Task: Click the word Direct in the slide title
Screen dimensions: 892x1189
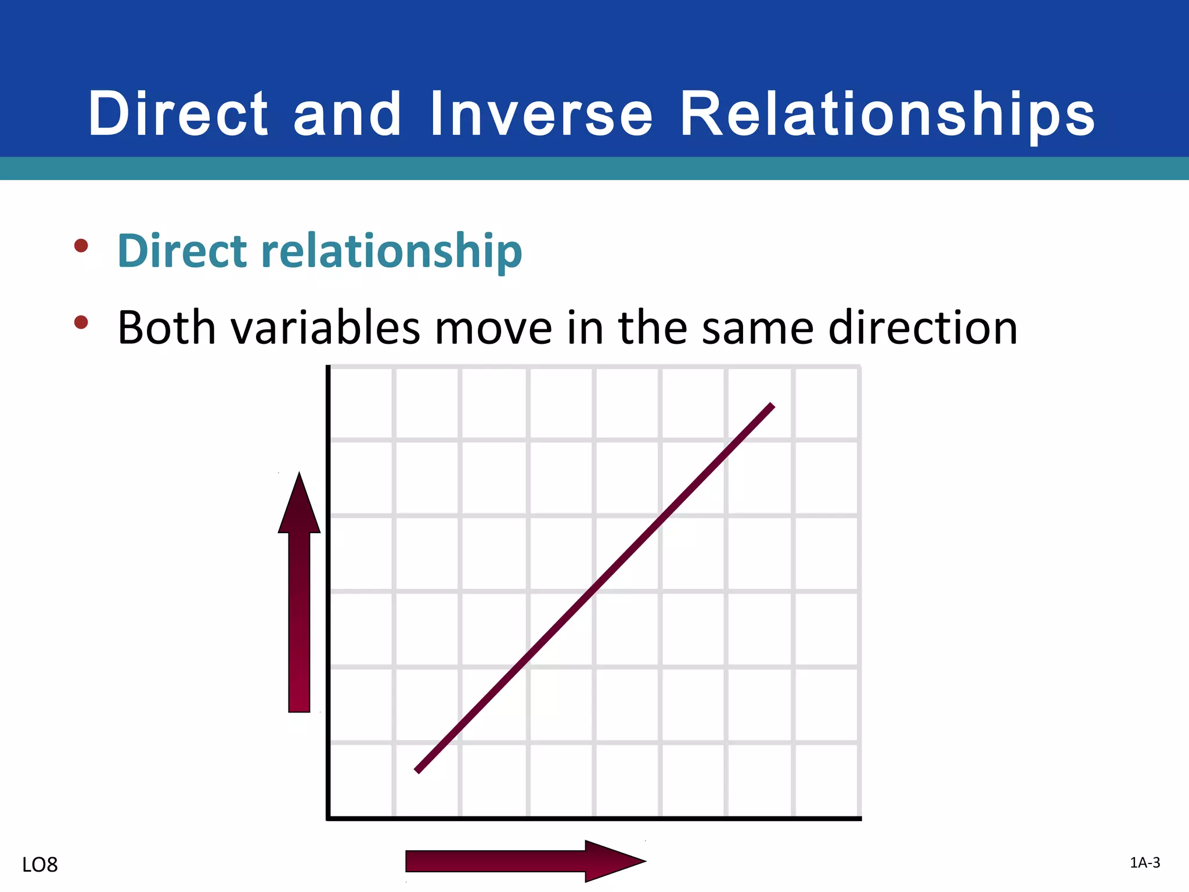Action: [178, 114]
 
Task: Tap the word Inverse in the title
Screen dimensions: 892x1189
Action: [542, 114]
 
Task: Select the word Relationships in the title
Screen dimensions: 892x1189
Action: [887, 114]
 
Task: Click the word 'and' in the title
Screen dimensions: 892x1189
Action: [347, 114]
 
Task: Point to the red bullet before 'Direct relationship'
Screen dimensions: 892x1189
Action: [81, 246]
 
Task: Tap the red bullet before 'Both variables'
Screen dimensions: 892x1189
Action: [81, 322]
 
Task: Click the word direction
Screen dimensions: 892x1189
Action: [923, 328]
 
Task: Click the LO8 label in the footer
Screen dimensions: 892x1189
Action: [40, 865]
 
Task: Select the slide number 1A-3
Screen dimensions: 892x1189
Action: [1145, 863]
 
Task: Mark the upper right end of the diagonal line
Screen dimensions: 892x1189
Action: [772, 405]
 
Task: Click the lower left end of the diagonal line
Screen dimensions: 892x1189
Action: [417, 771]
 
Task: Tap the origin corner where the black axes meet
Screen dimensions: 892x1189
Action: [329, 818]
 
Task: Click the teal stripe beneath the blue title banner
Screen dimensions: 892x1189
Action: [594, 168]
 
